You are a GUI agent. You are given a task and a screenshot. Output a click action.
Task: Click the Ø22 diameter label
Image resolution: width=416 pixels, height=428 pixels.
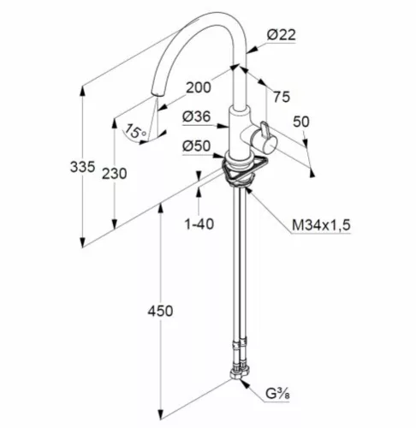(281, 35)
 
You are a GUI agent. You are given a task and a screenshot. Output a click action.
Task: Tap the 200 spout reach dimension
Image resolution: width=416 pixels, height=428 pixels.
(199, 87)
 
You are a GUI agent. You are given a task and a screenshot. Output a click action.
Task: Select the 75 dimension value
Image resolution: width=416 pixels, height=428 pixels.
(282, 97)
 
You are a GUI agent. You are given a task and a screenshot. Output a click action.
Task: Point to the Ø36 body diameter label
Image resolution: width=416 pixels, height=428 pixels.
(196, 116)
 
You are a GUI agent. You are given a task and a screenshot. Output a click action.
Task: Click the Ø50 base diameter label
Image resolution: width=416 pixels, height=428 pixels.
(196, 146)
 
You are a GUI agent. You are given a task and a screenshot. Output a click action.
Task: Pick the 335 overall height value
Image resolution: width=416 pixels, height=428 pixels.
(82, 167)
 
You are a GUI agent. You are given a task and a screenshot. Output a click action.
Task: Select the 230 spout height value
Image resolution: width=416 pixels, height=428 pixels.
(115, 174)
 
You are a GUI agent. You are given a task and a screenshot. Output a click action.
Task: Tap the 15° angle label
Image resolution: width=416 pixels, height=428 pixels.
(135, 131)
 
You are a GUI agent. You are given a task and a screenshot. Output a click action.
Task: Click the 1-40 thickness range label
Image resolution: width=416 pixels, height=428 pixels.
(199, 224)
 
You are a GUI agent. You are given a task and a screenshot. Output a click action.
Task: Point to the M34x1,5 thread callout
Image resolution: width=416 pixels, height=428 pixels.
(321, 225)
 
